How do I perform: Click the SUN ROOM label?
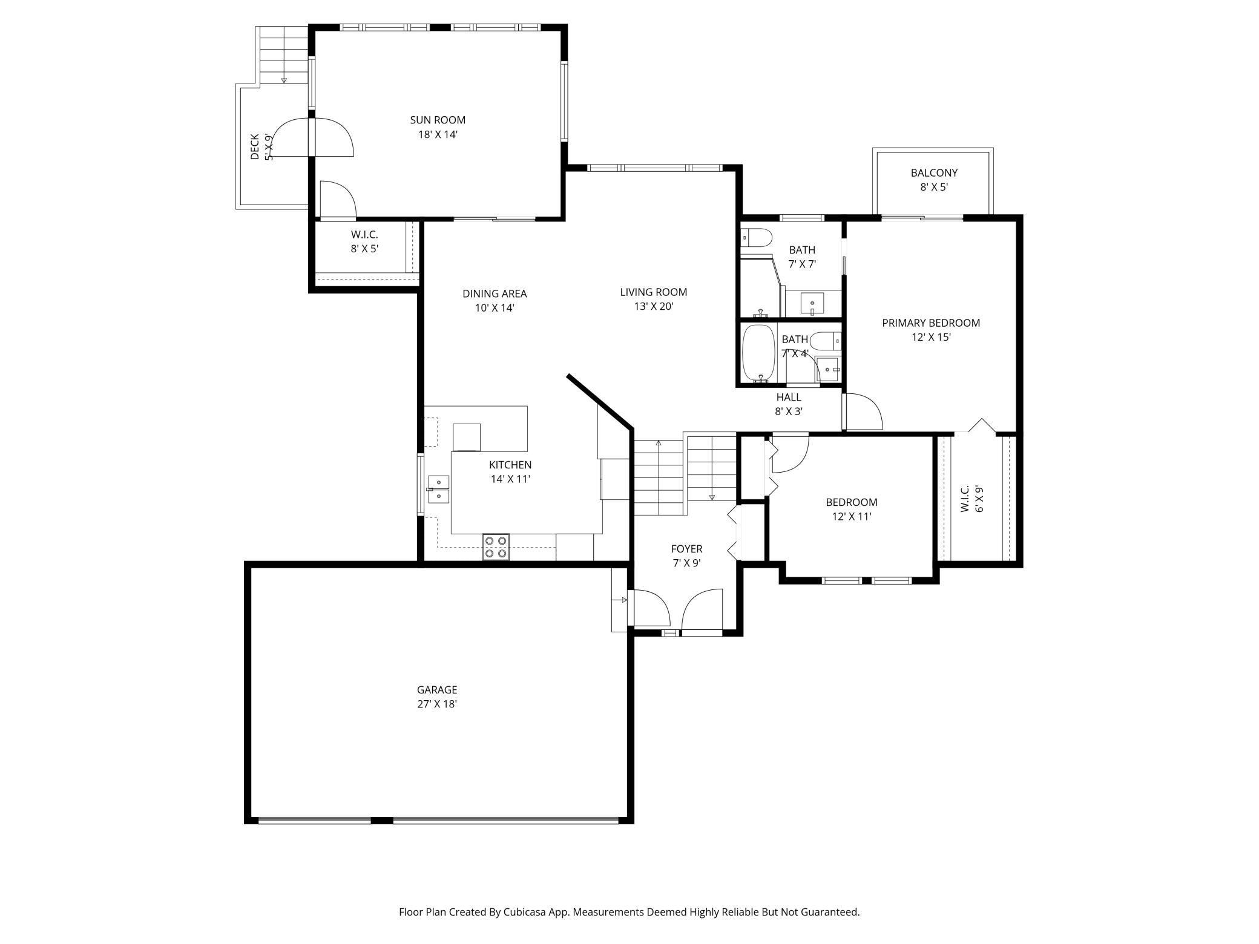(x=438, y=120)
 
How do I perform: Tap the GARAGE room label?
(x=436, y=689)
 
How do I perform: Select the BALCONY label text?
(x=934, y=173)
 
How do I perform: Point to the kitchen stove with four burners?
(x=496, y=547)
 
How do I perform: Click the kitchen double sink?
(x=438, y=490)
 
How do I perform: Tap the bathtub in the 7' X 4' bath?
(x=759, y=353)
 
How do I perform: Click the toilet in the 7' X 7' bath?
(x=757, y=237)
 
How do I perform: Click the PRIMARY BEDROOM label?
(x=931, y=323)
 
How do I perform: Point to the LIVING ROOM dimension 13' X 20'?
(x=654, y=307)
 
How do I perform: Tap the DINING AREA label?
(x=495, y=293)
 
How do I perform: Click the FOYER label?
(x=686, y=549)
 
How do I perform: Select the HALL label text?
(x=789, y=397)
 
